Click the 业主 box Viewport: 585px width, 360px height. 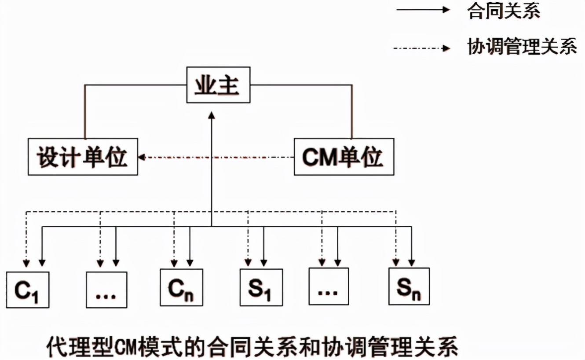tap(218, 84)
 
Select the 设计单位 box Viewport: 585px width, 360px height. tap(83, 157)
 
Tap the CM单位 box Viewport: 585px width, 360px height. tap(344, 157)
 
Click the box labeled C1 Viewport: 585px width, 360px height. tap(28, 289)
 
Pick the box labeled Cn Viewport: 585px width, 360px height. tap(181, 287)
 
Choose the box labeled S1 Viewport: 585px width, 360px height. tap(261, 287)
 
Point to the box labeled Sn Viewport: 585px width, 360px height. tap(409, 287)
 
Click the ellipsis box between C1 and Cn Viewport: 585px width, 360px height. tap(106, 289)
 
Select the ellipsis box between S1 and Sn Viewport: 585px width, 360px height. tap(329, 287)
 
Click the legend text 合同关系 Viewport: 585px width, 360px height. tap(504, 11)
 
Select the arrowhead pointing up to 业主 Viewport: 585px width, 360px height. tap(212, 115)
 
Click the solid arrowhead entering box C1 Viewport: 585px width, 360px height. tap(42, 263)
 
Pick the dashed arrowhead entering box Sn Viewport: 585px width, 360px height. tap(396, 263)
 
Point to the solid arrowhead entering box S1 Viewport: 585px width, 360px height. tap(263, 263)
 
